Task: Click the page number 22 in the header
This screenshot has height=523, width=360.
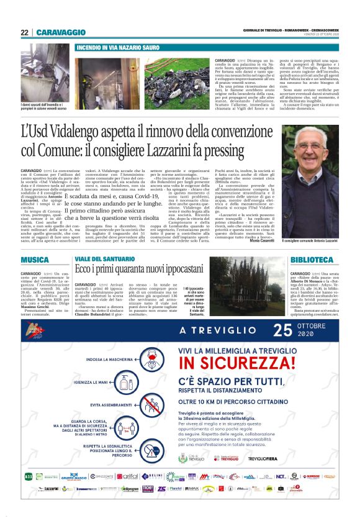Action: (x=24, y=32)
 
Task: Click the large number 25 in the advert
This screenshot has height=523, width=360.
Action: (x=282, y=329)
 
